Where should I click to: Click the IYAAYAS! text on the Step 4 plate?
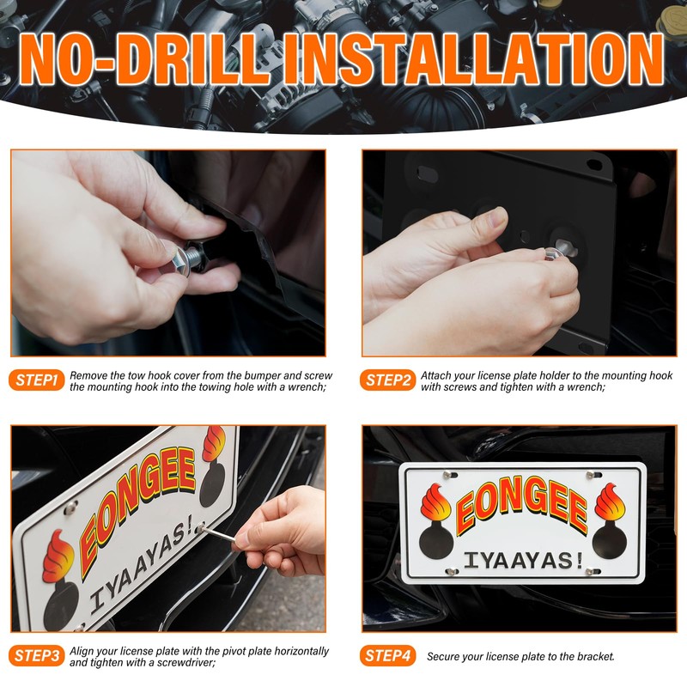click(x=523, y=560)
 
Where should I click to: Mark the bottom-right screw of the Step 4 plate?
click(x=592, y=571)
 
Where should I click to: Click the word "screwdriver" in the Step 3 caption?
click(x=177, y=663)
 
